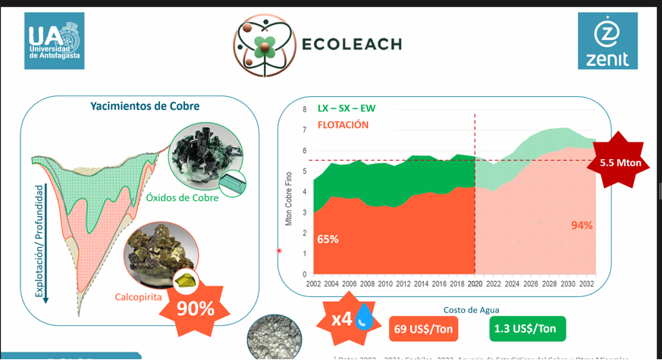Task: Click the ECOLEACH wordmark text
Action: click(x=351, y=44)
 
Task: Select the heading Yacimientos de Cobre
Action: click(x=145, y=106)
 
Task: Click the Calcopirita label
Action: click(x=139, y=296)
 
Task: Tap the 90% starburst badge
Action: click(x=195, y=308)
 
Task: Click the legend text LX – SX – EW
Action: click(x=347, y=108)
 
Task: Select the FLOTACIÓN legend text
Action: click(x=344, y=124)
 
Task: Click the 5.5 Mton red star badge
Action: click(x=620, y=162)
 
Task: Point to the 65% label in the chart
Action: click(x=328, y=239)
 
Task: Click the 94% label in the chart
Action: click(x=582, y=225)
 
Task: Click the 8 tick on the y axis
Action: click(x=304, y=109)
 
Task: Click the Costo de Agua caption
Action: click(x=470, y=309)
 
